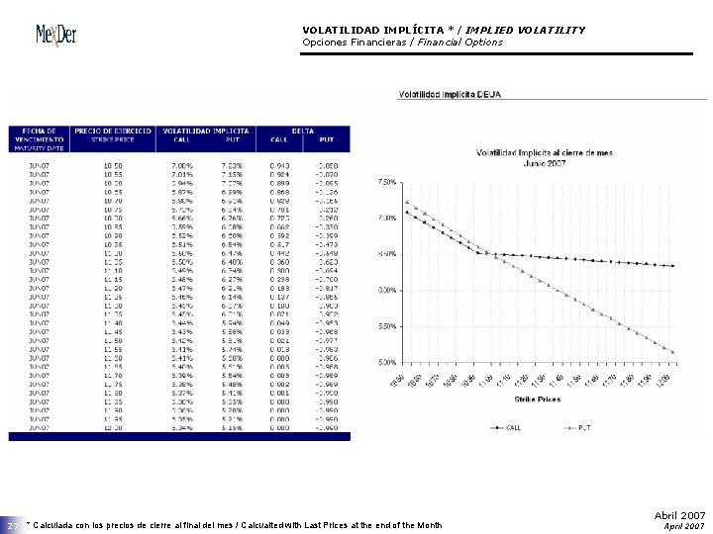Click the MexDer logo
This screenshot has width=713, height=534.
click(x=56, y=36)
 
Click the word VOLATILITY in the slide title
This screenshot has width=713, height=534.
click(x=550, y=30)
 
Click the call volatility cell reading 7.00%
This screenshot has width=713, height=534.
click(x=182, y=166)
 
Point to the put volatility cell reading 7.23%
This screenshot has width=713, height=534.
click(x=232, y=166)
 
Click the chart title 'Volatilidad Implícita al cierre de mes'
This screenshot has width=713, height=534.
click(x=537, y=153)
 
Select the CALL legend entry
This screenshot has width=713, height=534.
click(x=508, y=427)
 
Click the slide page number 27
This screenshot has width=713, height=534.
click(x=14, y=525)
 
